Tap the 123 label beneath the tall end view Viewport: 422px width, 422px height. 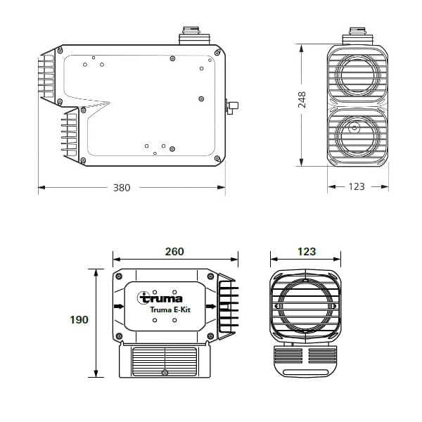[357, 187]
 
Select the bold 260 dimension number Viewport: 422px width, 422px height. [174, 251]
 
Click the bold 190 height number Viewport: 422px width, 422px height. [79, 320]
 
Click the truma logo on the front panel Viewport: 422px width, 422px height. [161, 298]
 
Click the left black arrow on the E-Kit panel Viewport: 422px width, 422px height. [117, 307]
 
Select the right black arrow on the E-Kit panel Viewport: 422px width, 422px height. [210, 307]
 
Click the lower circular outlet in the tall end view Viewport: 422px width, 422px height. [356, 131]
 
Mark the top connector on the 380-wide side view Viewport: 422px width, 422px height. [191, 35]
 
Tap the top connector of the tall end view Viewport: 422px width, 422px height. [357, 35]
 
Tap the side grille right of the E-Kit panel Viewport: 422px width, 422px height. [227, 305]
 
